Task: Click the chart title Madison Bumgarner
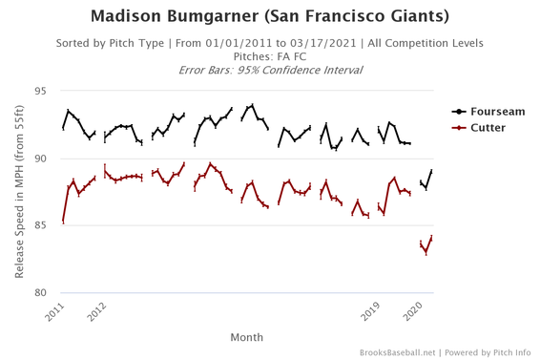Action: [x=270, y=16]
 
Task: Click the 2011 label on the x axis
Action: [x=56, y=311]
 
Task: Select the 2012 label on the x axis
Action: [x=95, y=311]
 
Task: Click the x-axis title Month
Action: [x=247, y=337]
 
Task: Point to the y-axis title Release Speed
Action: [x=20, y=192]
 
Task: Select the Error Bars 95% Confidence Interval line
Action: [x=270, y=71]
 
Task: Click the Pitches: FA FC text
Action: [x=270, y=57]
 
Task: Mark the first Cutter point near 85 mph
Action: [x=63, y=222]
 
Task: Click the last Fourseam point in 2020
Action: [x=431, y=171]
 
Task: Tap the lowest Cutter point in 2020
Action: [x=426, y=252]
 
